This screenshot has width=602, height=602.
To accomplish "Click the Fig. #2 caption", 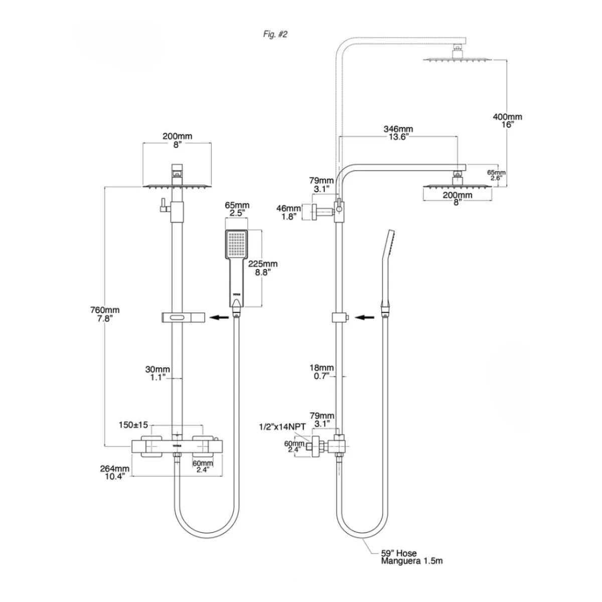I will point(275,34).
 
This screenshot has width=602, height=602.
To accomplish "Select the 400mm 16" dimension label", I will point(507,120).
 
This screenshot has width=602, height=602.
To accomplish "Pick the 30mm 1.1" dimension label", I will point(158,373).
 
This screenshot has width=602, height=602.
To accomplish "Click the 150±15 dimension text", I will point(133,425).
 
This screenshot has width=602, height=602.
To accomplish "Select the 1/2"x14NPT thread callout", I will point(282,427).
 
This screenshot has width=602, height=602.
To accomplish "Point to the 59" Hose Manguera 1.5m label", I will point(411,557).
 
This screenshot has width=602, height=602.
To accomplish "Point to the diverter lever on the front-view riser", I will point(163,205).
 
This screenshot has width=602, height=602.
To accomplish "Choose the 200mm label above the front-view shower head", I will point(177,139).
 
